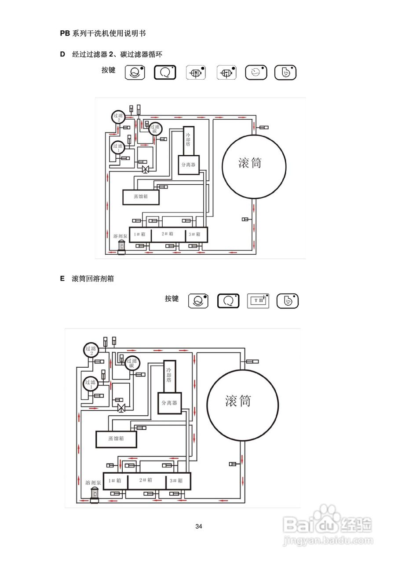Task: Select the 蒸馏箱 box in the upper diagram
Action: pyautogui.click(x=140, y=197)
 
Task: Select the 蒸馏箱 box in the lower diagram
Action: pyautogui.click(x=116, y=439)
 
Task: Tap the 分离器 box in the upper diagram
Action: pyautogui.click(x=189, y=165)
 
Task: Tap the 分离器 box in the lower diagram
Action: pyautogui.click(x=169, y=403)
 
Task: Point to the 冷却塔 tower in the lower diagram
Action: pyautogui.click(x=169, y=377)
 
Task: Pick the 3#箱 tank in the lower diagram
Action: pyautogui.click(x=179, y=481)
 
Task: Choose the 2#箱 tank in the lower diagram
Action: pyautogui.click(x=146, y=481)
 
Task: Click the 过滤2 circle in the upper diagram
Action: pyautogui.click(x=118, y=117)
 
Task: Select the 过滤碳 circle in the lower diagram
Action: pyautogui.click(x=131, y=363)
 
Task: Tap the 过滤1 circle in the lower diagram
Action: pyautogui.click(x=90, y=384)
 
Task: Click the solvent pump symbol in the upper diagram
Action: pyautogui.click(x=121, y=247)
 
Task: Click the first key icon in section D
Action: pyautogui.click(x=135, y=72)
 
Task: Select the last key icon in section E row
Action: pyautogui.click(x=288, y=301)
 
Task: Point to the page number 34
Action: pyautogui.click(x=199, y=526)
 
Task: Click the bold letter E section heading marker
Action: pyautogui.click(x=62, y=278)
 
